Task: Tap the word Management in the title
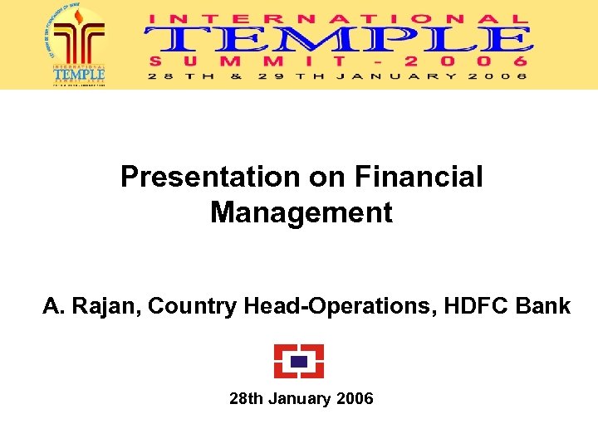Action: click(301, 212)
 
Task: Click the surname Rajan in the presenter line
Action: click(107, 306)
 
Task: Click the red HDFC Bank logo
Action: click(299, 361)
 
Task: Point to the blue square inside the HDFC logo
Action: click(299, 361)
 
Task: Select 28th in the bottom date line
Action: click(246, 399)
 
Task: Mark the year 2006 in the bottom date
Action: click(355, 399)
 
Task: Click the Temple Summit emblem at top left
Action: click(79, 44)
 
